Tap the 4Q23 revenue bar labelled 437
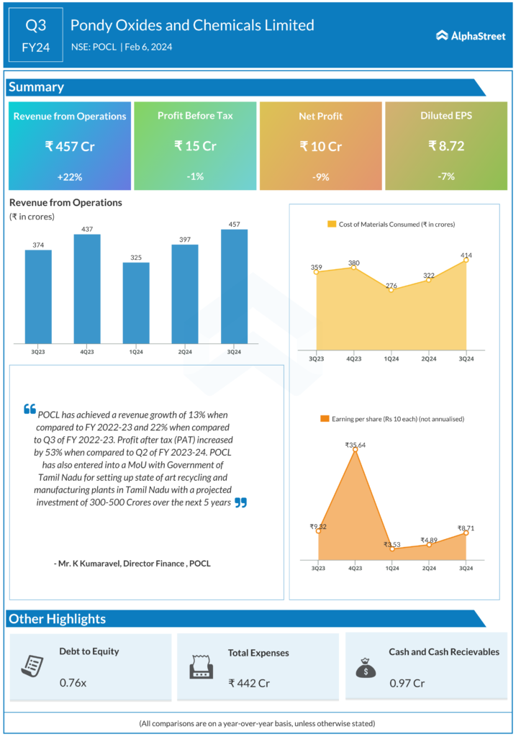click(x=87, y=288)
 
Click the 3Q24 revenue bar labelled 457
click(x=234, y=286)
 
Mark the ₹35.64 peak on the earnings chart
click(x=355, y=451)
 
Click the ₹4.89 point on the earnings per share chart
click(x=429, y=545)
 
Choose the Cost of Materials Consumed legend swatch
click(x=332, y=225)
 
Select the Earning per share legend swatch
click(x=325, y=418)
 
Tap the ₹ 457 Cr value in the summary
click(x=70, y=146)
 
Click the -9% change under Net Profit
click(x=321, y=176)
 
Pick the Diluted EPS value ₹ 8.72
click(x=446, y=146)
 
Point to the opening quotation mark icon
click(x=30, y=409)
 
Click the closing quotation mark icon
click(x=240, y=502)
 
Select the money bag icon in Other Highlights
click(x=366, y=667)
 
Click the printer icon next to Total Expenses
click(x=201, y=667)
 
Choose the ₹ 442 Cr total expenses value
click(x=249, y=682)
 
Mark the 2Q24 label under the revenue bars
click(x=185, y=352)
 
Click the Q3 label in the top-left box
click(x=36, y=25)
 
